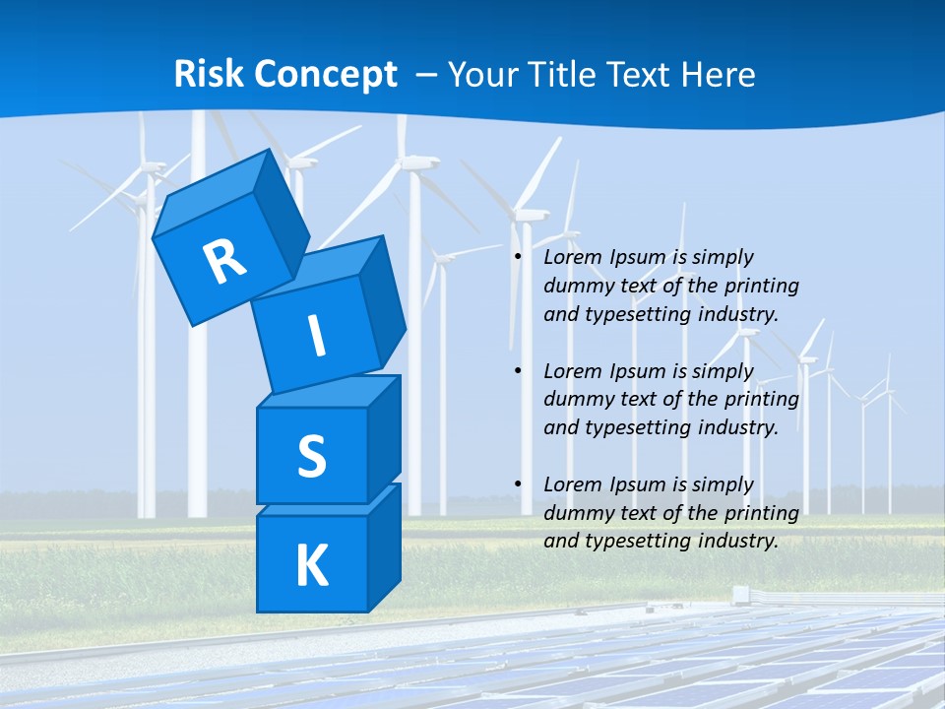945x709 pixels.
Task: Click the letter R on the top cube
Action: click(224, 261)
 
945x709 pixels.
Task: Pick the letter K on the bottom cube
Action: click(311, 566)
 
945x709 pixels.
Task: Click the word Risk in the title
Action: click(208, 75)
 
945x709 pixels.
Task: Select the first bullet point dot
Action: click(518, 258)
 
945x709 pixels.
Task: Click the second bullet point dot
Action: click(518, 372)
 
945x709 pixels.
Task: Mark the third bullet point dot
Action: click(518, 485)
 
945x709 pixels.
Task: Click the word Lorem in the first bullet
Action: click(569, 257)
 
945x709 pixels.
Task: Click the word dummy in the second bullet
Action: click(576, 400)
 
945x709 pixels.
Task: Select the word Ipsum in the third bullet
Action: click(639, 484)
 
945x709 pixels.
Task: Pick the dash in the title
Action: click(428, 75)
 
